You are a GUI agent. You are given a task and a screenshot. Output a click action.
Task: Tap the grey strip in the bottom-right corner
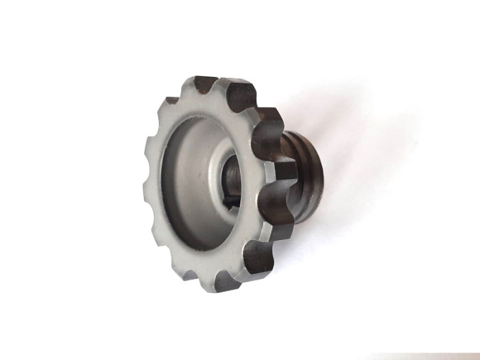(425, 356)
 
